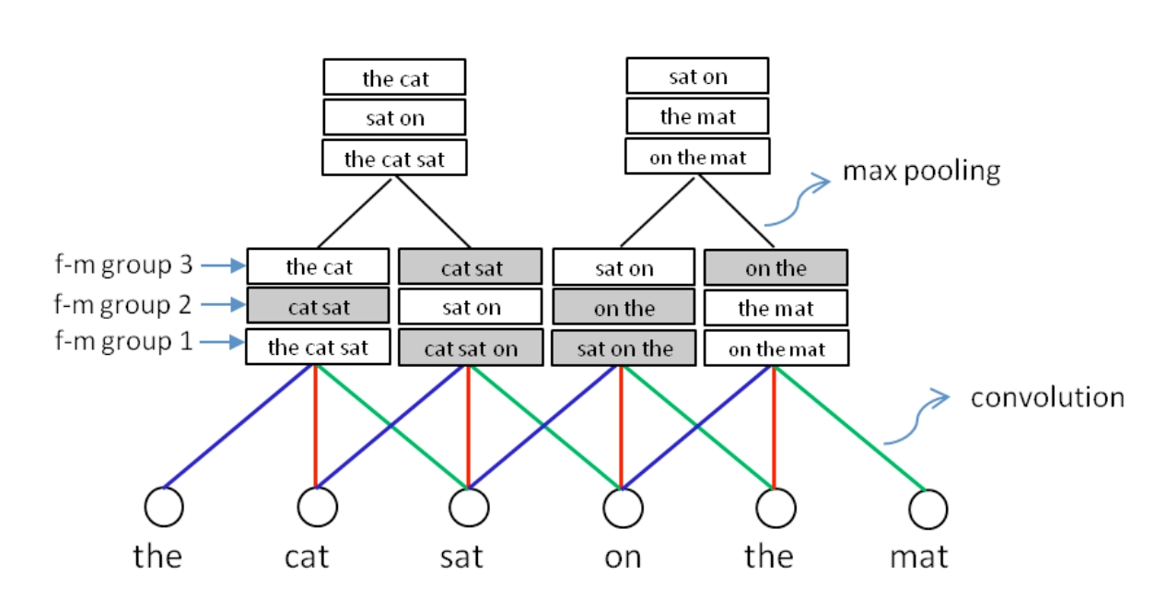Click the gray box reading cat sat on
click(471, 349)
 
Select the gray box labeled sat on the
click(624, 349)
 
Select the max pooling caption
click(920, 171)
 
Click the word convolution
click(1047, 397)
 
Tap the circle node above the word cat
click(317, 507)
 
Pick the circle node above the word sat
click(469, 507)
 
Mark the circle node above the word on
click(622, 507)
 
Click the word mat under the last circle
click(918, 557)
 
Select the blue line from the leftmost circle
click(239, 426)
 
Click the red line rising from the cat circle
click(316, 424)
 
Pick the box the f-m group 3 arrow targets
click(319, 268)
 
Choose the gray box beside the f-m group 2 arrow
click(319, 306)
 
